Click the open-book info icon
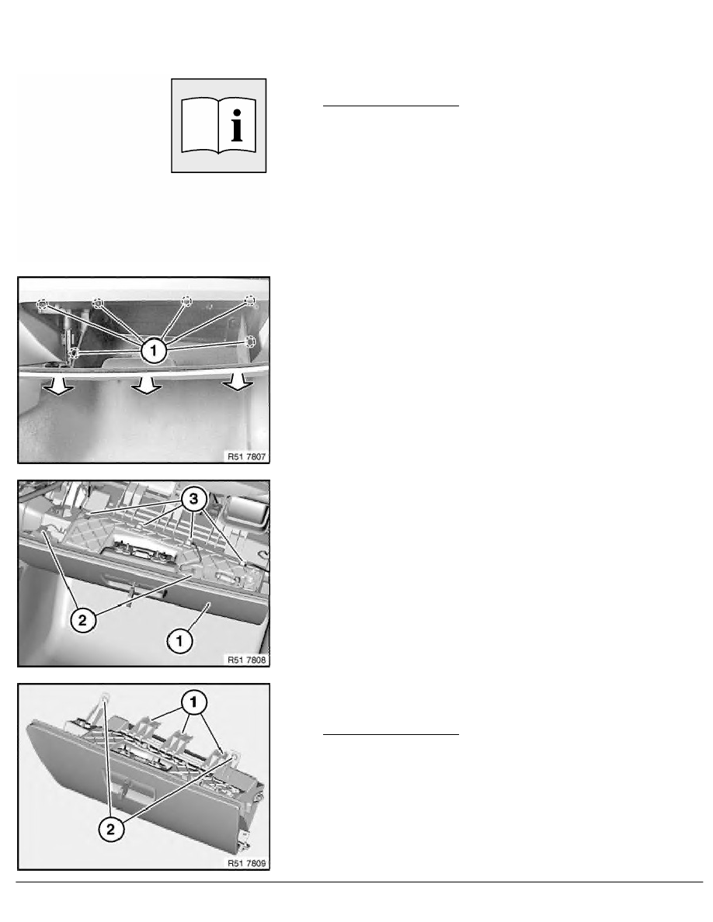coord(218,124)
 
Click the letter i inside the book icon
coord(238,124)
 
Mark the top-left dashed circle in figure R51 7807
coord(44,304)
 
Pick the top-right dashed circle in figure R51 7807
coord(250,300)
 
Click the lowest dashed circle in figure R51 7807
coord(75,353)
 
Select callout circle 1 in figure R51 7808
coord(179,640)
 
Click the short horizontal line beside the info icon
coord(391,105)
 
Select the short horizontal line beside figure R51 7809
coord(391,733)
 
